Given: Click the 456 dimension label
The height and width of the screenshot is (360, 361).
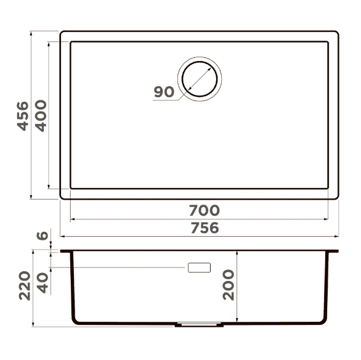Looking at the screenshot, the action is coord(23,116).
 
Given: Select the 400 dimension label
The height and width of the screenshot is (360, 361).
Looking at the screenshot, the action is coord(41,116).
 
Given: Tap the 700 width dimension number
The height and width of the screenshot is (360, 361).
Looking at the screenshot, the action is coord(205,210).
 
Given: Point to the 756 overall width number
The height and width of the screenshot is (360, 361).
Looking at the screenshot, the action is coord(205,228).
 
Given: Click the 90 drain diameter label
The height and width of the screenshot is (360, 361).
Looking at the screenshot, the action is coord(164,92).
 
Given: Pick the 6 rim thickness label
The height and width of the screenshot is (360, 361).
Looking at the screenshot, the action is coord(43,236).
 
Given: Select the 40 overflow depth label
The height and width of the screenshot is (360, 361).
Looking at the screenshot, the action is coord(43,283).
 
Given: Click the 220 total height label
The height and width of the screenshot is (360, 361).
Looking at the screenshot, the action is coord(25,285).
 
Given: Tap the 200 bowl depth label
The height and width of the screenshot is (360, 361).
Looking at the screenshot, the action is coord(229,285).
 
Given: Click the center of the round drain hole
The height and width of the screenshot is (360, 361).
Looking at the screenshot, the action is coord(200,79).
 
